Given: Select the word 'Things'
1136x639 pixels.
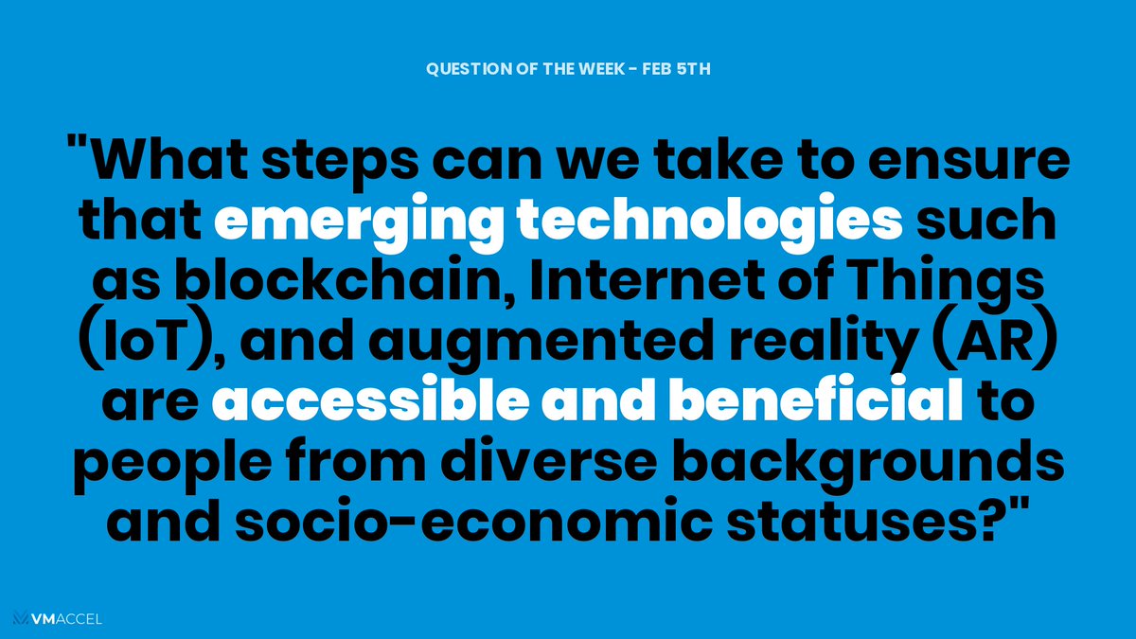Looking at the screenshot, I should pyautogui.click(x=950, y=281).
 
